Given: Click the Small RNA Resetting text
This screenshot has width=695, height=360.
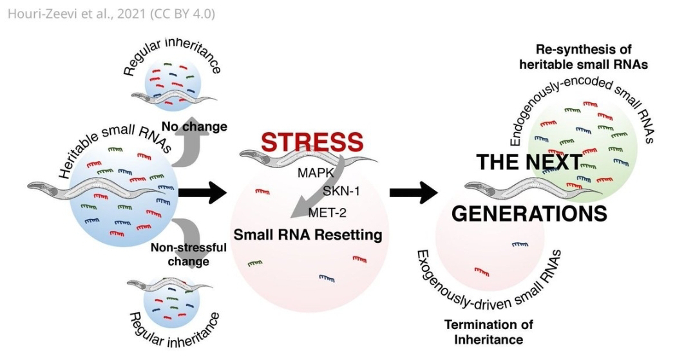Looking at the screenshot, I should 307,235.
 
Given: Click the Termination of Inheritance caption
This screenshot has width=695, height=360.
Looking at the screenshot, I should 489,330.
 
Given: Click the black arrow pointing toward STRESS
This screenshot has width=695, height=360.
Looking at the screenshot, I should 201,191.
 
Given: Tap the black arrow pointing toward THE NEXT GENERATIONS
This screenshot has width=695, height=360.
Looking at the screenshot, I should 413,191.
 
